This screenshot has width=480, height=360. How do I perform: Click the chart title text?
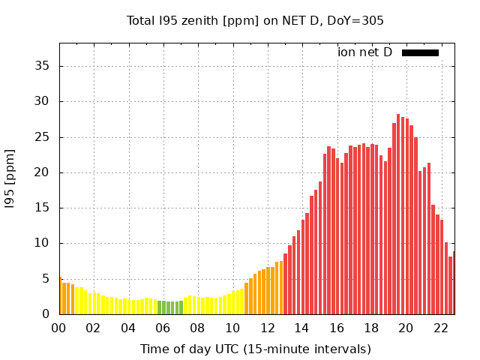pos(255,20)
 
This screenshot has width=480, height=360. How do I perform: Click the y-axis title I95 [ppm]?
pos(10,178)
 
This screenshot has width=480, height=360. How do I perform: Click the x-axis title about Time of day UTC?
pos(255,349)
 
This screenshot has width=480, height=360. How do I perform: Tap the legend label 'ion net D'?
pos(364,52)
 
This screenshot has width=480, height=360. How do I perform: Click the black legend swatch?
pos(420,52)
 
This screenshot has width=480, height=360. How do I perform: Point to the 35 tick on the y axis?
pos(43,66)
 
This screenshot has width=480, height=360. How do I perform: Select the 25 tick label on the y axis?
pos(43,137)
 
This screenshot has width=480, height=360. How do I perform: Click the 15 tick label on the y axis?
pos(43,208)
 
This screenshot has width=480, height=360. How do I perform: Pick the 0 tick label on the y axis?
pos(46,314)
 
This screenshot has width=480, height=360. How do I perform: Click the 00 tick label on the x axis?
pos(59,328)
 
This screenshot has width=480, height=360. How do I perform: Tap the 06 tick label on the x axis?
pos(163,328)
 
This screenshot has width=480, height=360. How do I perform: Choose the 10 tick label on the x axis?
pos(232,328)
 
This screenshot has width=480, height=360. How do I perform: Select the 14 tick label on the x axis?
pos(301,328)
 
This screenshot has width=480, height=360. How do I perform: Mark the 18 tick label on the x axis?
pos(370,328)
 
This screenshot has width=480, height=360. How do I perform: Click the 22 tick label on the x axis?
pos(440,328)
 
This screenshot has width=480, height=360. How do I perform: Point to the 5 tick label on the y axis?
pos(46,279)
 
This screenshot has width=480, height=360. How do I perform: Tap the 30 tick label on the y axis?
pos(43,101)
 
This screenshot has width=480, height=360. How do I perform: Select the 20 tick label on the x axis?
pos(406,328)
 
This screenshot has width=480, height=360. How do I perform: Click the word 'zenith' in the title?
pos(205,20)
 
